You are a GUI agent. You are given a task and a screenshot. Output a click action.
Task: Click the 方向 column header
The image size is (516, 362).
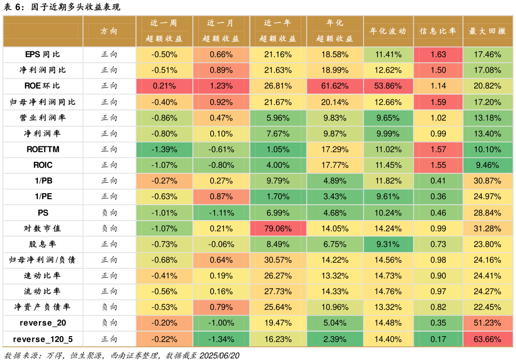109,31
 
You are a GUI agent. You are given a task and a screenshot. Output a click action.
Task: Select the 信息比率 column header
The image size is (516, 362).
438,31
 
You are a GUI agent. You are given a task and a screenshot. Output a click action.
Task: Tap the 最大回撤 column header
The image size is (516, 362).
488,31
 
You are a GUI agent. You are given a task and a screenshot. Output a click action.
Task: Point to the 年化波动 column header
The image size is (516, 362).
388,31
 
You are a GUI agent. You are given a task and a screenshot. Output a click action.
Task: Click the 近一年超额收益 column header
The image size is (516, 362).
278,31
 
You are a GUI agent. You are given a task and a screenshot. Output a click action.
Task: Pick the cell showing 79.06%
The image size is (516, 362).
278,229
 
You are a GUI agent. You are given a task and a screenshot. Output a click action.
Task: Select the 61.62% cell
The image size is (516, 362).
335,86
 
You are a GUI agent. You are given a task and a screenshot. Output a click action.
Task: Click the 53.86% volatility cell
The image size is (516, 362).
388,86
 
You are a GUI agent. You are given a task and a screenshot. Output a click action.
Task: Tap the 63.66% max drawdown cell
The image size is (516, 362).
488,339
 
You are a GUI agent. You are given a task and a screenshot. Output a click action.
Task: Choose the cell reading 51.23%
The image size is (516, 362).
488,323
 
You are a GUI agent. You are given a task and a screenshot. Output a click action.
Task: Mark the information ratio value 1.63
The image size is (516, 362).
438,54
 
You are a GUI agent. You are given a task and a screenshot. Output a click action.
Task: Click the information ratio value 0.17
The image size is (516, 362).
438,339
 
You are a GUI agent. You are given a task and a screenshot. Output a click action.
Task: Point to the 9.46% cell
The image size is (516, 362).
488,165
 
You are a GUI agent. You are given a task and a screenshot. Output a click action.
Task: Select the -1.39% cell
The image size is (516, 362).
164,149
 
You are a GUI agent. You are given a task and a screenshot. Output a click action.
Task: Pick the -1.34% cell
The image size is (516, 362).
221,339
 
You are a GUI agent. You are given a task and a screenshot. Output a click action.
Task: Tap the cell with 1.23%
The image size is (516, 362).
221,86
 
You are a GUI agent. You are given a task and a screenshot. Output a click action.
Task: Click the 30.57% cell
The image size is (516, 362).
278,259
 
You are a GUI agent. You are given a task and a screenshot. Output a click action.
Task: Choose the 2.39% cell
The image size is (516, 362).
335,339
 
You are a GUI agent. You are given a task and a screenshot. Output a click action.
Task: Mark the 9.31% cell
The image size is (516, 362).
388,244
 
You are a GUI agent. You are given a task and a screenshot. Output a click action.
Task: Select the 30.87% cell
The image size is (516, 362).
488,181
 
